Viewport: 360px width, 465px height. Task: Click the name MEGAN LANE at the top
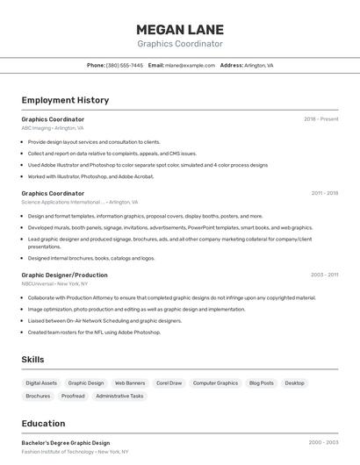(x=180, y=29)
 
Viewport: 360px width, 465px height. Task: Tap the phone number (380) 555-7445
(x=125, y=65)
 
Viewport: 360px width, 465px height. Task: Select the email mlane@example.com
(x=191, y=65)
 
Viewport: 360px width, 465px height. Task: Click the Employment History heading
(x=65, y=100)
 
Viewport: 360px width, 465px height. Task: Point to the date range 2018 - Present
(x=321, y=118)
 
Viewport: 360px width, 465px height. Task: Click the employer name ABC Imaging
(x=36, y=128)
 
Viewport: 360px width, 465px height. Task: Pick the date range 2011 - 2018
(x=324, y=193)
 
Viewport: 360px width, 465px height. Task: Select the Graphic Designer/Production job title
(x=64, y=275)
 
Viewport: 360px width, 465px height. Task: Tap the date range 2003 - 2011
(x=324, y=275)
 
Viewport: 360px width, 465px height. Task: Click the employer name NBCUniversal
(x=38, y=283)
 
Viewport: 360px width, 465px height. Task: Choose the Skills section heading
(x=33, y=360)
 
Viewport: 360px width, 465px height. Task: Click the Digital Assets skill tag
(x=41, y=383)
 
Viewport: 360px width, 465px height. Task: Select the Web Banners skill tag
(x=130, y=383)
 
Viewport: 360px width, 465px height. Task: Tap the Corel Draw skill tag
(x=169, y=383)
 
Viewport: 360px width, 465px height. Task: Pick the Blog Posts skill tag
(x=261, y=383)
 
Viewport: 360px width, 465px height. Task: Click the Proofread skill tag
(x=73, y=396)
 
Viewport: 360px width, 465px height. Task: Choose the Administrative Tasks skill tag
(x=119, y=396)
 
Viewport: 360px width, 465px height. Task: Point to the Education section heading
(x=43, y=423)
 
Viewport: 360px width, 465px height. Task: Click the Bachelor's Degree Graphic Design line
(x=66, y=443)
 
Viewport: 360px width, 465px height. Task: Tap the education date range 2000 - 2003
(x=323, y=443)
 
